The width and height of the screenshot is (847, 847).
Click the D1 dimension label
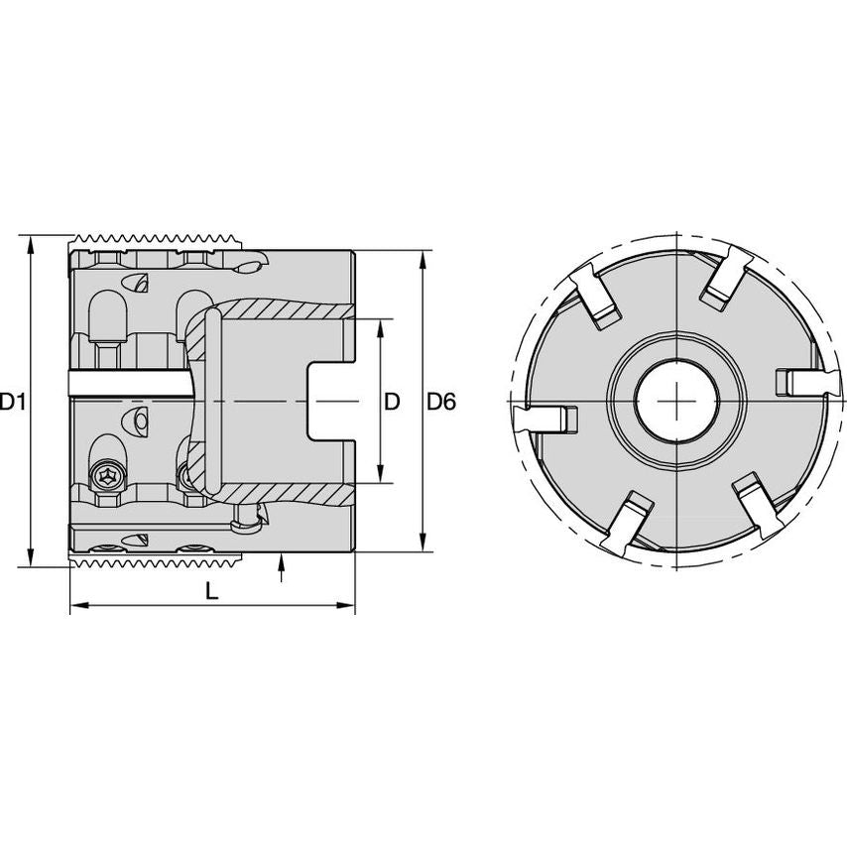[x=13, y=402]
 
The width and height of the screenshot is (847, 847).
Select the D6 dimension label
[x=441, y=402]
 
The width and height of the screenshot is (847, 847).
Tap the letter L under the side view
[x=210, y=591]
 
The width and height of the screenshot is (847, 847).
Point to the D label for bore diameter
[x=392, y=402]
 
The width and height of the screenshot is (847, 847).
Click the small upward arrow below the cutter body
[x=283, y=566]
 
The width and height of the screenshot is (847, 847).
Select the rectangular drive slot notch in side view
[x=327, y=401]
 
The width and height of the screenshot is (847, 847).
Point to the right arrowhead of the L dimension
[x=348, y=604]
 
